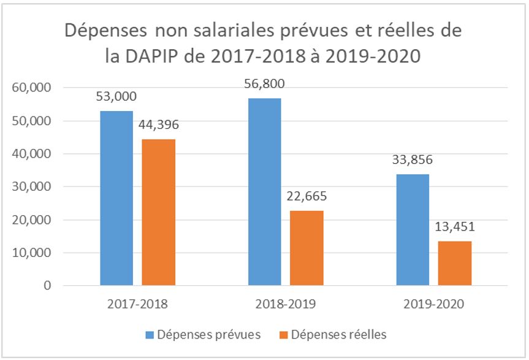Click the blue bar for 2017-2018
[x=116, y=198]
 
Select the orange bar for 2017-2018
[x=158, y=212]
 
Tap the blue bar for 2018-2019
[x=265, y=192]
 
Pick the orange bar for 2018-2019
[x=306, y=248]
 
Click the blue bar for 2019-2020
[x=413, y=230]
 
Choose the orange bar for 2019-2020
[x=455, y=263]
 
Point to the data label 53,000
[x=116, y=96]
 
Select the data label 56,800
[x=265, y=84]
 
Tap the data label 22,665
[x=306, y=197]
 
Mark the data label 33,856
[x=413, y=161]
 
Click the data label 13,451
[x=455, y=228]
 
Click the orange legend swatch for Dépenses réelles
[x=283, y=335]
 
